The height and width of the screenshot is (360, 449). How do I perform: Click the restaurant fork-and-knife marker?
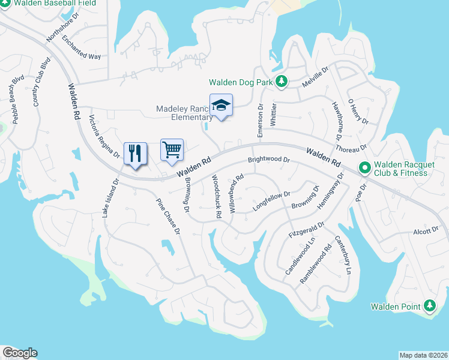click(135, 153)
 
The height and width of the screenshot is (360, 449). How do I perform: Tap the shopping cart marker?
click(172, 149)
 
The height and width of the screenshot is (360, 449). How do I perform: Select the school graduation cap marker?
click(221, 105)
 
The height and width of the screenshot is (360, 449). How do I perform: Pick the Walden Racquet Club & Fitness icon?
click(364, 168)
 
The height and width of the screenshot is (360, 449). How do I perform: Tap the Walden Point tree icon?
click(429, 307)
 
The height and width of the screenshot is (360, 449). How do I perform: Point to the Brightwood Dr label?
click(269, 161)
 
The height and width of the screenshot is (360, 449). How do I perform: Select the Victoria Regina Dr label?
click(104, 136)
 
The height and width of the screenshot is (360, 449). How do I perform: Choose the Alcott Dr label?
click(426, 231)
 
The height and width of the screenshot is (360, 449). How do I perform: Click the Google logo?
click(20, 353)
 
